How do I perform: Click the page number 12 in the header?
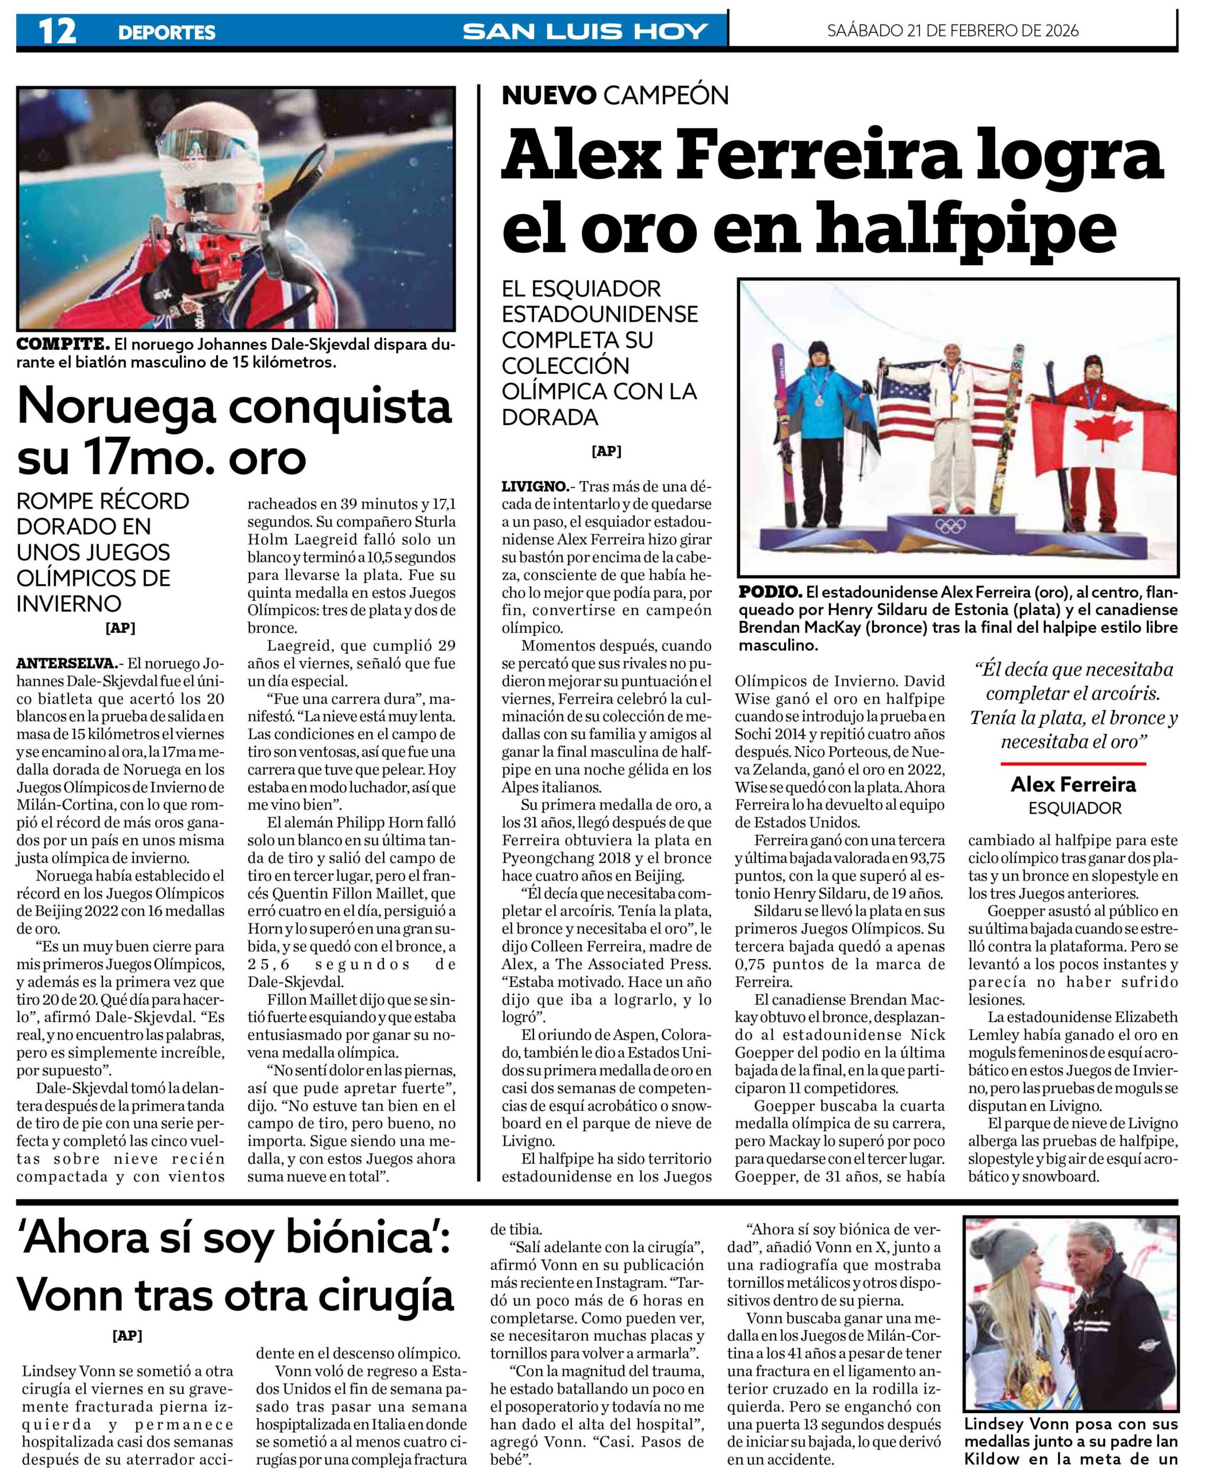[57, 31]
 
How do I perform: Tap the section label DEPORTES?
[166, 32]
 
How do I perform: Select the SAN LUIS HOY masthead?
[585, 32]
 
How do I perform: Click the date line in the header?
[952, 31]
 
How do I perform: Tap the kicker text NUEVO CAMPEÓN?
[615, 96]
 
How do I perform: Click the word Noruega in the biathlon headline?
[117, 406]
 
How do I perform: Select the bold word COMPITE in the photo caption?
[62, 345]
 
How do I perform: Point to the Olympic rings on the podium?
[950, 525]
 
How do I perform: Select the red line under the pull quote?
[1073, 763]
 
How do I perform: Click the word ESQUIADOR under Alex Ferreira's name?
[1074, 808]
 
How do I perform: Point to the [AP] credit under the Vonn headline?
[127, 1335]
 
